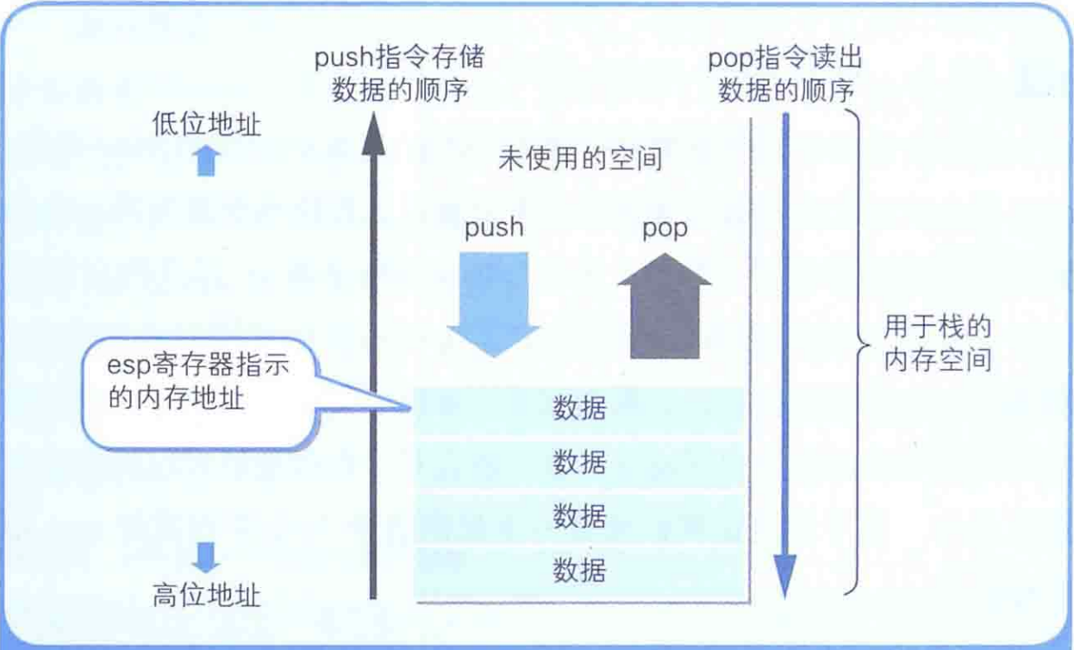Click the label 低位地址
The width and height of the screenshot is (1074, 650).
pyautogui.click(x=207, y=124)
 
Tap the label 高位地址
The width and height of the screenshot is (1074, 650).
pyautogui.click(x=207, y=596)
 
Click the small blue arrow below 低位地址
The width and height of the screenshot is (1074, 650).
pyautogui.click(x=206, y=160)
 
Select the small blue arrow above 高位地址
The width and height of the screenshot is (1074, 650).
pyautogui.click(x=206, y=558)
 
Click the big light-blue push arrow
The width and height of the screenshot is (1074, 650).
pyautogui.click(x=494, y=304)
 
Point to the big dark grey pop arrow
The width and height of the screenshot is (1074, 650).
pyautogui.click(x=665, y=306)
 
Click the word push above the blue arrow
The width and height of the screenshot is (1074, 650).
pyautogui.click(x=494, y=228)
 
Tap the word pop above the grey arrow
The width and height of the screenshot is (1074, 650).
pyautogui.click(x=665, y=228)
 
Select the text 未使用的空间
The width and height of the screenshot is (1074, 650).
pyautogui.click(x=580, y=159)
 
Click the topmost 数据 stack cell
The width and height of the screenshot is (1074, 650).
pyautogui.click(x=579, y=411)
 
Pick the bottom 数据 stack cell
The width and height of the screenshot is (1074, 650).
pyautogui.click(x=579, y=572)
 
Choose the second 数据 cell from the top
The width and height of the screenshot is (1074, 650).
pyautogui.click(x=579, y=464)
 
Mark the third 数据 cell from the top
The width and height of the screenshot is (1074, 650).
pyautogui.click(x=579, y=518)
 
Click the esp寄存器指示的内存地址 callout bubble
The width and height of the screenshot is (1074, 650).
pyautogui.click(x=199, y=394)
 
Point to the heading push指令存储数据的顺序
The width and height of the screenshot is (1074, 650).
pyautogui.click(x=399, y=73)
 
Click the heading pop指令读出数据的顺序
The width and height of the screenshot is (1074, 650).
pyautogui.click(x=785, y=73)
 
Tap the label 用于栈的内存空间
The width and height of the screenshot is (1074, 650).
pyautogui.click(x=937, y=343)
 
